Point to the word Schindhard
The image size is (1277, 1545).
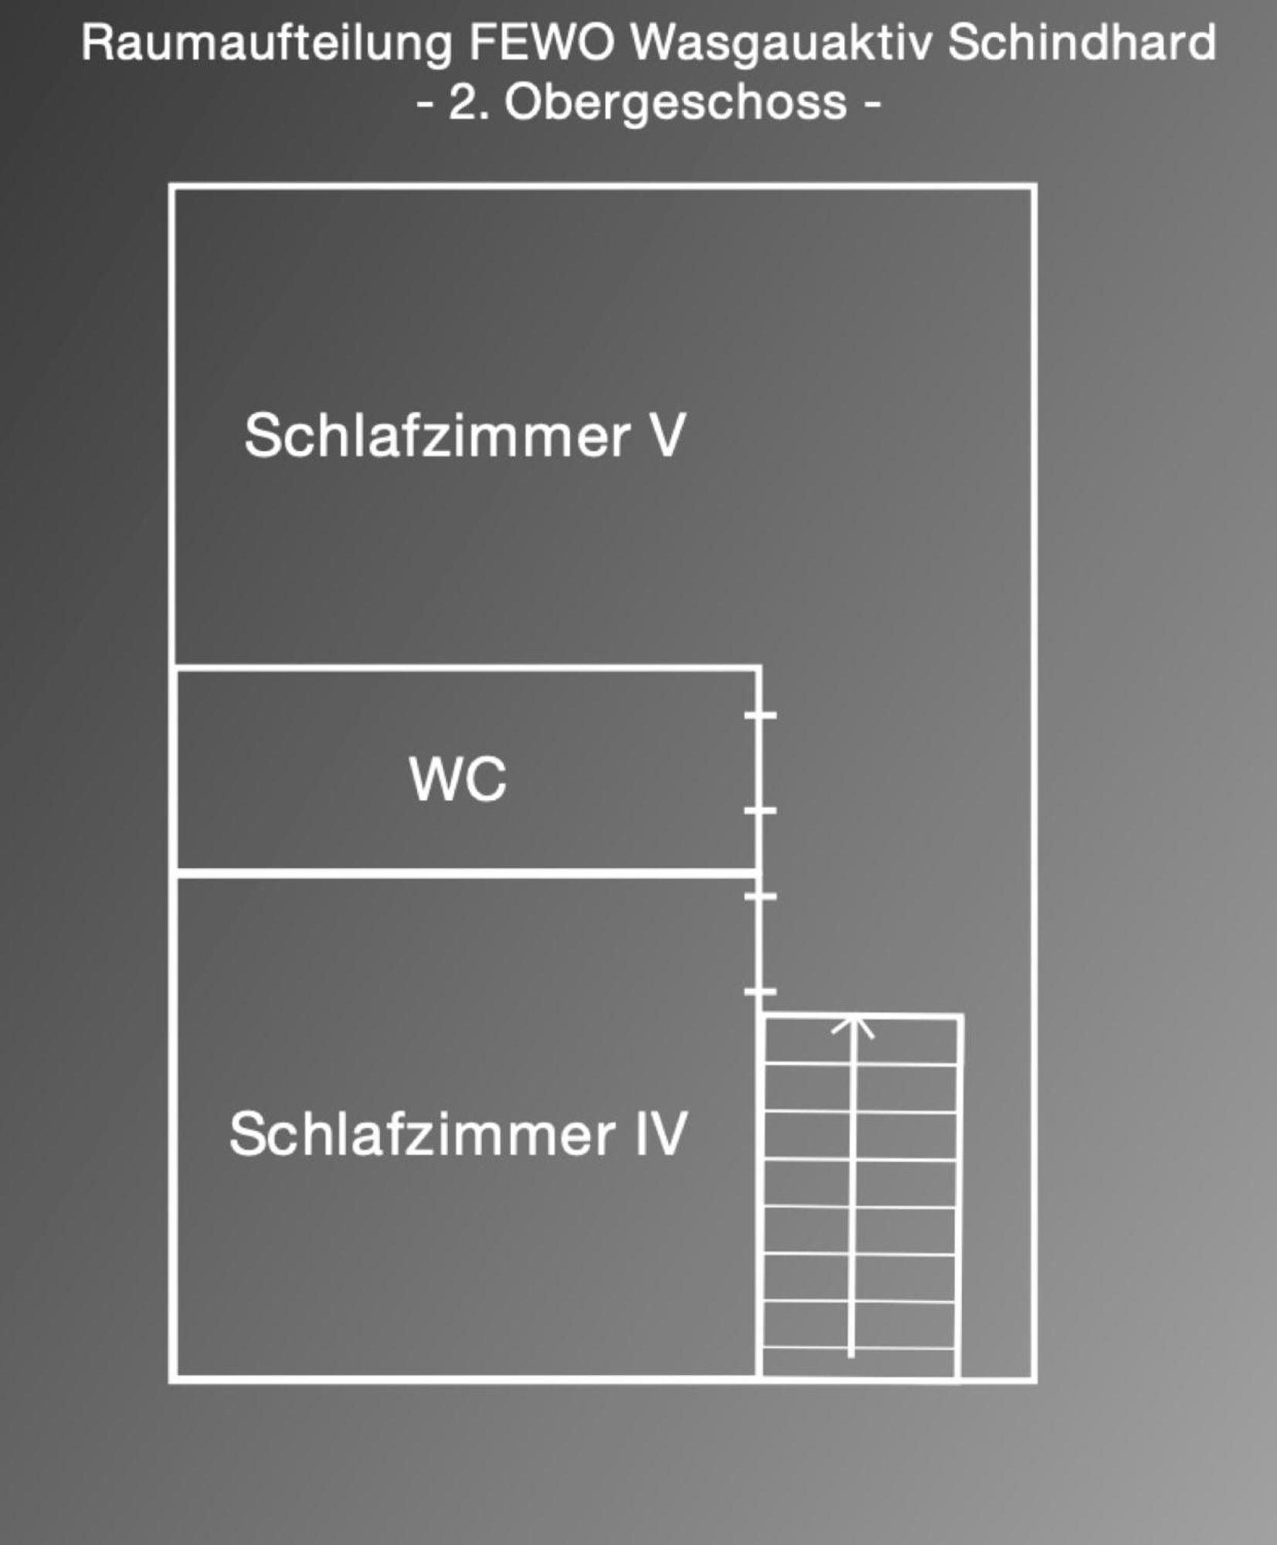(1082, 42)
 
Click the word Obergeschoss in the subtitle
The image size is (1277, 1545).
(676, 104)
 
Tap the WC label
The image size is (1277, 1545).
(458, 779)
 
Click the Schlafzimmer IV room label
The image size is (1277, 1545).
(458, 1134)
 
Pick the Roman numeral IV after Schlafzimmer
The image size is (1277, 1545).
(660, 1134)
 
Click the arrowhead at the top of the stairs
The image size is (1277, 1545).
(853, 1026)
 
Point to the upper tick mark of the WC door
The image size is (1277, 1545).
(760, 715)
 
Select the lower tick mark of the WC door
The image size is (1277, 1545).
(760, 810)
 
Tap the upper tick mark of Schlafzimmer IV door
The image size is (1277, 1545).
(760, 896)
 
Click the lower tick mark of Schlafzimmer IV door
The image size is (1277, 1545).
(760, 991)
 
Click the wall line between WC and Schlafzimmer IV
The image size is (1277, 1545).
(467, 874)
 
